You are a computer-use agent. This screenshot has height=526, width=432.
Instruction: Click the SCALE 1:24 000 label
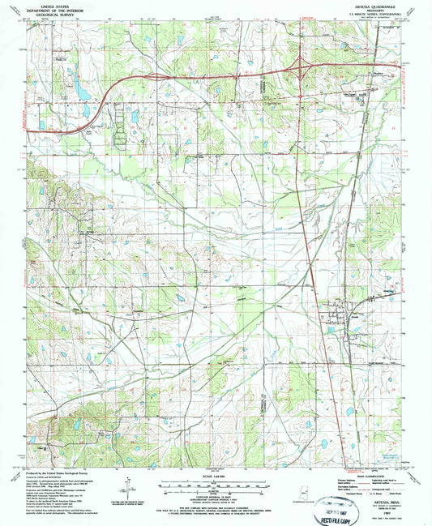pos(216,475)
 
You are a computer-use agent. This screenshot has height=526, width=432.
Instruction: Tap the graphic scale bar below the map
pos(216,484)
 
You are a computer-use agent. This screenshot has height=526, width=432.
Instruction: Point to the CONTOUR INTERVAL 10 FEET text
pos(216,495)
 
